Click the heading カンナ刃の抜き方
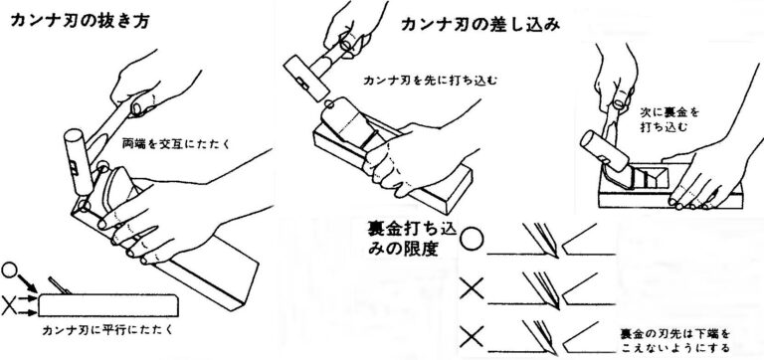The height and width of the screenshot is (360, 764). tap(80, 21)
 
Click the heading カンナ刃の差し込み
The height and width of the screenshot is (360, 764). tap(480, 25)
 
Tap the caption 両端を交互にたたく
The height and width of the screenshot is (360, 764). tap(176, 144)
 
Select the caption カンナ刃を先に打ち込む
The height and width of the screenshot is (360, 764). tap(431, 81)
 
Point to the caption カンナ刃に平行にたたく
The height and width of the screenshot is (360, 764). tap(107, 330)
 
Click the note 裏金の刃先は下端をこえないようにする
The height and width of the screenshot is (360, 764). tap(675, 341)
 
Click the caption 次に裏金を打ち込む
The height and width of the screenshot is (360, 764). tap(668, 119)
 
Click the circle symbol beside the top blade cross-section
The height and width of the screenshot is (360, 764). tap(472, 240)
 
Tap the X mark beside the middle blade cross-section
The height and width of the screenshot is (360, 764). tap(473, 288)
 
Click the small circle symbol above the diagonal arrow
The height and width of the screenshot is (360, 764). tap(9, 270)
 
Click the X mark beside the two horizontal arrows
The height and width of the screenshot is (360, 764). tap(8, 306)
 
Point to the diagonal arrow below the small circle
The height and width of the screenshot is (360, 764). tap(27, 283)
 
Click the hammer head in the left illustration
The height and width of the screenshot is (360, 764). tap(79, 161)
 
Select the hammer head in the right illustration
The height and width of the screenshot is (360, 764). tap(604, 150)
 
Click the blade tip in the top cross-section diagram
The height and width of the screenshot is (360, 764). tap(554, 254)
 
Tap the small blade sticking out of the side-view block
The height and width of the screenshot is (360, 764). tap(60, 285)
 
